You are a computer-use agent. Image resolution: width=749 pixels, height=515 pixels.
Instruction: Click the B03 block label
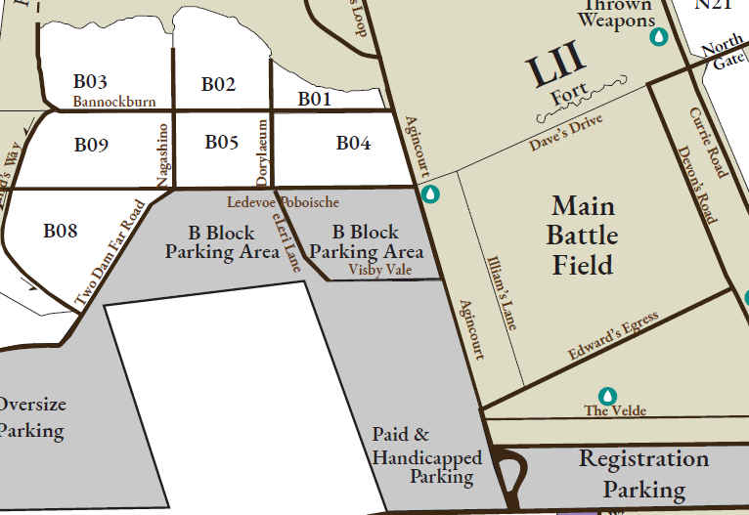coord(90,81)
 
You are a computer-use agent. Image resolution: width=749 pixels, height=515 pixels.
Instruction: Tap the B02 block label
coord(219,84)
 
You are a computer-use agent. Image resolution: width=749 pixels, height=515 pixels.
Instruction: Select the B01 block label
coord(315,99)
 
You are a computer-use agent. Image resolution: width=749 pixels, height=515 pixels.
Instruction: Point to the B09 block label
coord(91,146)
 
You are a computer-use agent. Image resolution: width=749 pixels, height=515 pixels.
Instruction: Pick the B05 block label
coord(222,143)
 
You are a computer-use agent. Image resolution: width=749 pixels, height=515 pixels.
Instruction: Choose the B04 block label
coord(353,144)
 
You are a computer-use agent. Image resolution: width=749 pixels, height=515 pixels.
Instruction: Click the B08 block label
coord(60,232)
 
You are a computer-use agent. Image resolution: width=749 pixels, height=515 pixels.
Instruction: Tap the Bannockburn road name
coord(114,102)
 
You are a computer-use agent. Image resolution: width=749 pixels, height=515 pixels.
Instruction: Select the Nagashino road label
coord(163,152)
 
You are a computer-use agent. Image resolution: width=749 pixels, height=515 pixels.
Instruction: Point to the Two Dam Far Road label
coord(110,253)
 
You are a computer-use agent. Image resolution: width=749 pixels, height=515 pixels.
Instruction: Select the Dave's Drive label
coord(566,132)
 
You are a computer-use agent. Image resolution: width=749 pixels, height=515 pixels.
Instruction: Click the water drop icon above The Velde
coord(608,395)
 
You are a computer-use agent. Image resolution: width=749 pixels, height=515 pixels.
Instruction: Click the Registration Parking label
coord(643,473)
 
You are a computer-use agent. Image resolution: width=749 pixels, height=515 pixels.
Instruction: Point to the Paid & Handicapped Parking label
coord(427,455)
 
